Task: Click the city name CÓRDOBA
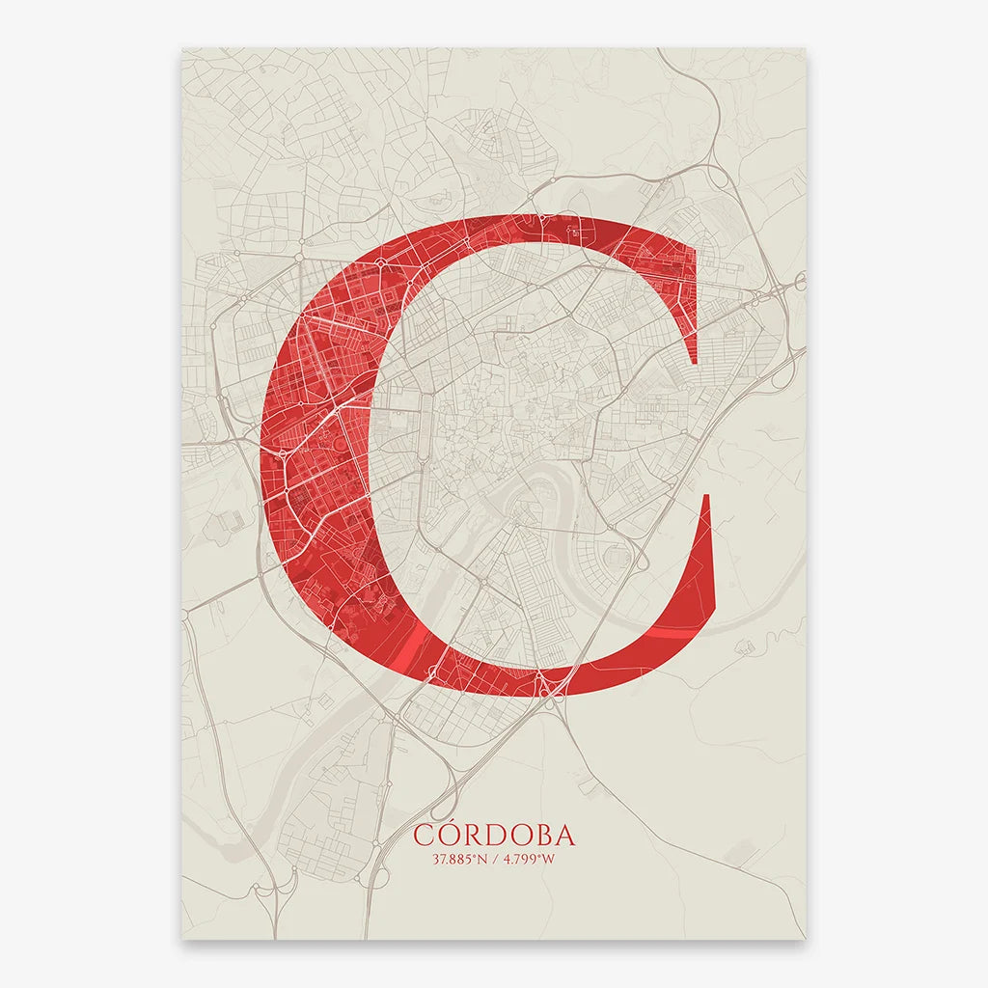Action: (493, 835)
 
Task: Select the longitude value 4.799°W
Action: (526, 859)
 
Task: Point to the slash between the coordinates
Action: (493, 859)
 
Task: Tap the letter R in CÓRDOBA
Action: (473, 836)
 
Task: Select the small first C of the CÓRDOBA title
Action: (424, 836)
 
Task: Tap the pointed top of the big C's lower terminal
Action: (710, 496)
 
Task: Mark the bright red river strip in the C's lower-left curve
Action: (410, 646)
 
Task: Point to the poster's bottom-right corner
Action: (806, 939)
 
